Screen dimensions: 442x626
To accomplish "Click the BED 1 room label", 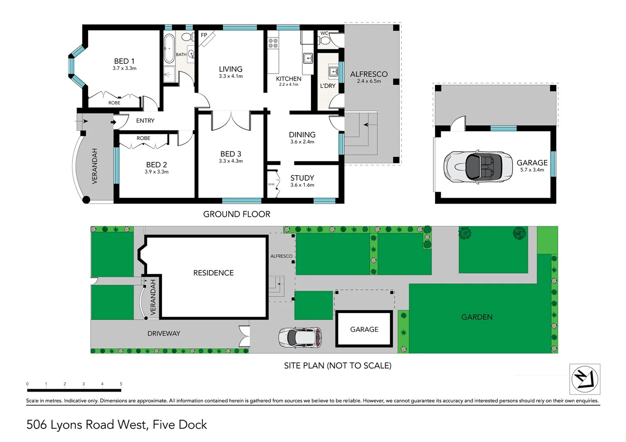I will [x=124, y=61].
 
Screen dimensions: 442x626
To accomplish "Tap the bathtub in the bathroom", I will [x=169, y=48].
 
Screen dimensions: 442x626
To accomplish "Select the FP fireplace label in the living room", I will [x=204, y=35].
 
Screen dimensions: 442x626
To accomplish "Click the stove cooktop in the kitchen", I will [x=273, y=43].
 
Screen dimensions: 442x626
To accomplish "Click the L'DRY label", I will [x=328, y=86].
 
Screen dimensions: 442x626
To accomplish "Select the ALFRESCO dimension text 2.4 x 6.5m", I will [x=369, y=81].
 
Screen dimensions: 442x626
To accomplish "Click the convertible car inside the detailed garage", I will [x=478, y=167].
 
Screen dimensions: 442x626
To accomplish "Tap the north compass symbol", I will [x=585, y=379].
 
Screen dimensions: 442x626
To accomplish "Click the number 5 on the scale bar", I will [x=121, y=384].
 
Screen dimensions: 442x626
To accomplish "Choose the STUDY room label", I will [x=302, y=178].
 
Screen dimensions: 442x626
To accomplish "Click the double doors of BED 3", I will [x=231, y=121].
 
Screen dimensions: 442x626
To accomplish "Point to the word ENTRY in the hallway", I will [x=145, y=121].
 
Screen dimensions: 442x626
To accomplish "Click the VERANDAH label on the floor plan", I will [x=95, y=166].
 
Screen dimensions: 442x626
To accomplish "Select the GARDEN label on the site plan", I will [x=477, y=317].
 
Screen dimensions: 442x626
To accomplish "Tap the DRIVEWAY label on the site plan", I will [x=163, y=334].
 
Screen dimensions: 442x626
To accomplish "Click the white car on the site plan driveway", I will [x=300, y=338].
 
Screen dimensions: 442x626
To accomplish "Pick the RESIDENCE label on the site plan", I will [x=213, y=273].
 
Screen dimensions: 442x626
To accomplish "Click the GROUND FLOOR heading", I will [x=237, y=214].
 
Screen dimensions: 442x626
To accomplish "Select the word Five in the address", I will [x=163, y=425].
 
